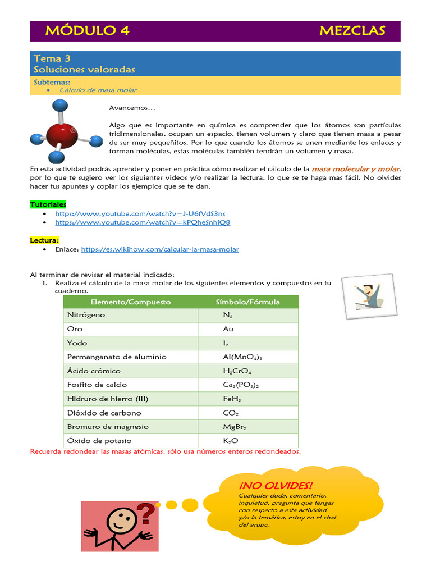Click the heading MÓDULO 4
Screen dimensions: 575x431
point(88,31)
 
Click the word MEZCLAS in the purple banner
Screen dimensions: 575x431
point(352,31)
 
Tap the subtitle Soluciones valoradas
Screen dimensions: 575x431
point(84,70)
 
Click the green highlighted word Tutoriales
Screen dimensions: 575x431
point(48,204)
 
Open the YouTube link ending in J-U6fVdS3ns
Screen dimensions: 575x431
point(140,214)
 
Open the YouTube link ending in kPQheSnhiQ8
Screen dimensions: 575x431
point(143,222)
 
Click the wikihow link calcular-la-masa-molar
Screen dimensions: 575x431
point(160,249)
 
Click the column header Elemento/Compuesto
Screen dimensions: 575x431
point(130,302)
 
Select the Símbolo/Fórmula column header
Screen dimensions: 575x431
point(248,302)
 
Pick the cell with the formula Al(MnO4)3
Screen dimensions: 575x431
point(242,357)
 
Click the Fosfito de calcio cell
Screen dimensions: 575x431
point(97,385)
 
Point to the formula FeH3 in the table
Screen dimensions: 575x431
point(232,399)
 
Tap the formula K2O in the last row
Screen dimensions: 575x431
point(231,441)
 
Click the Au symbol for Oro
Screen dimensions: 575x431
point(228,329)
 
